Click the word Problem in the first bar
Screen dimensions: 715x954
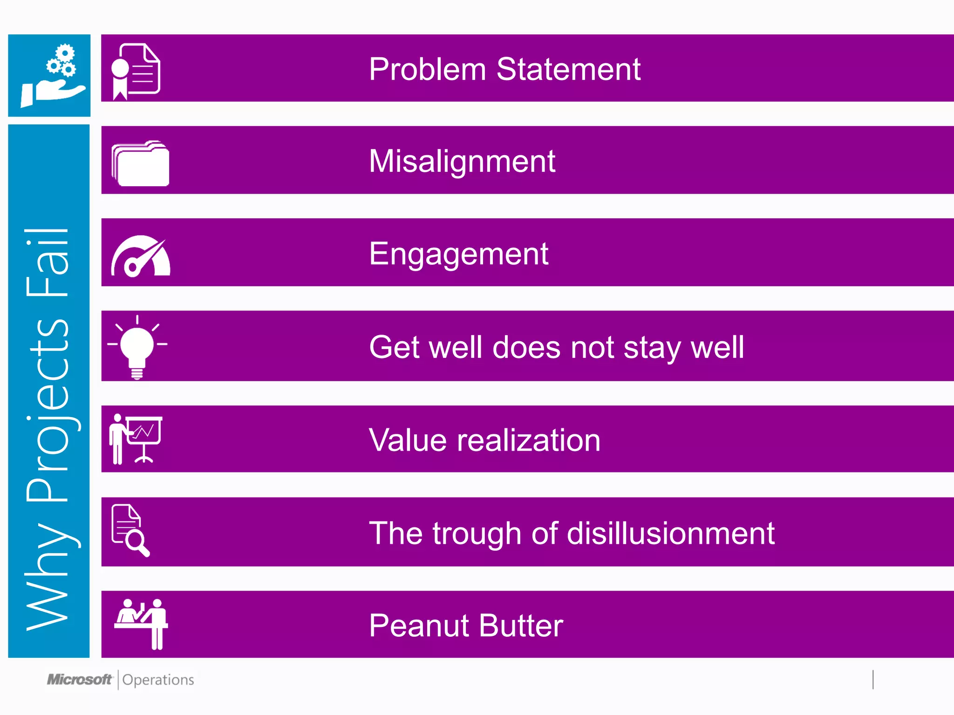tap(427, 69)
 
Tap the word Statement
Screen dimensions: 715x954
tap(568, 69)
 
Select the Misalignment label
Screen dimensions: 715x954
tap(462, 162)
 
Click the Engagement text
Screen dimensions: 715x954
tap(458, 254)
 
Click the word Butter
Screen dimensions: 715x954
tap(521, 625)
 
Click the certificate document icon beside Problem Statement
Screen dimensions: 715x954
tap(136, 71)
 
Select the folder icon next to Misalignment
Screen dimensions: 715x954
tap(140, 163)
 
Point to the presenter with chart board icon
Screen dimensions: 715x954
tap(136, 439)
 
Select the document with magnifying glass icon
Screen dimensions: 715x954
tap(130, 530)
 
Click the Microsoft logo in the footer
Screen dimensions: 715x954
tap(80, 680)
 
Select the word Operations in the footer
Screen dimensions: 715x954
tap(158, 680)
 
